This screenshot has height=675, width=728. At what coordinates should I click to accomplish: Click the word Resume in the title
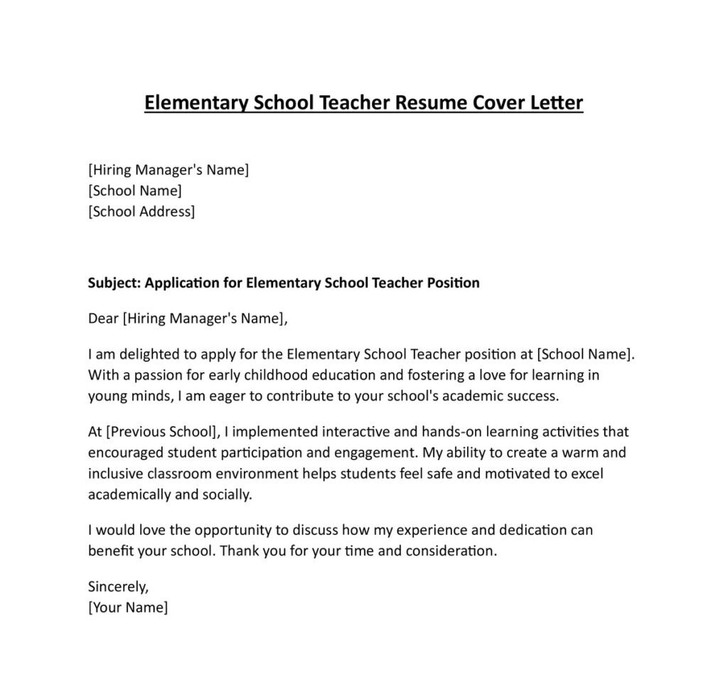tap(429, 103)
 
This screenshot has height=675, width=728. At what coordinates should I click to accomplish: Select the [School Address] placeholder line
tap(141, 211)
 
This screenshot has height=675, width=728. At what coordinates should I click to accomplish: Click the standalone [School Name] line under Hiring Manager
tap(134, 191)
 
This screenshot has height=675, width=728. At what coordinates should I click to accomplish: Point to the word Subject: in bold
tap(114, 283)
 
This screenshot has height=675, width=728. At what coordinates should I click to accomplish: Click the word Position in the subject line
tap(453, 283)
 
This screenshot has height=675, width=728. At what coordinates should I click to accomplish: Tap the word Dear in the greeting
tap(103, 319)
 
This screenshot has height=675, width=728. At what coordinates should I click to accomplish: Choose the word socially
tap(227, 494)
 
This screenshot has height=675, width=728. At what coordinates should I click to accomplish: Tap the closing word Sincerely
tap(118, 587)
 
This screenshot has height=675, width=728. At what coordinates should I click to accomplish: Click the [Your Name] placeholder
tap(128, 607)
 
